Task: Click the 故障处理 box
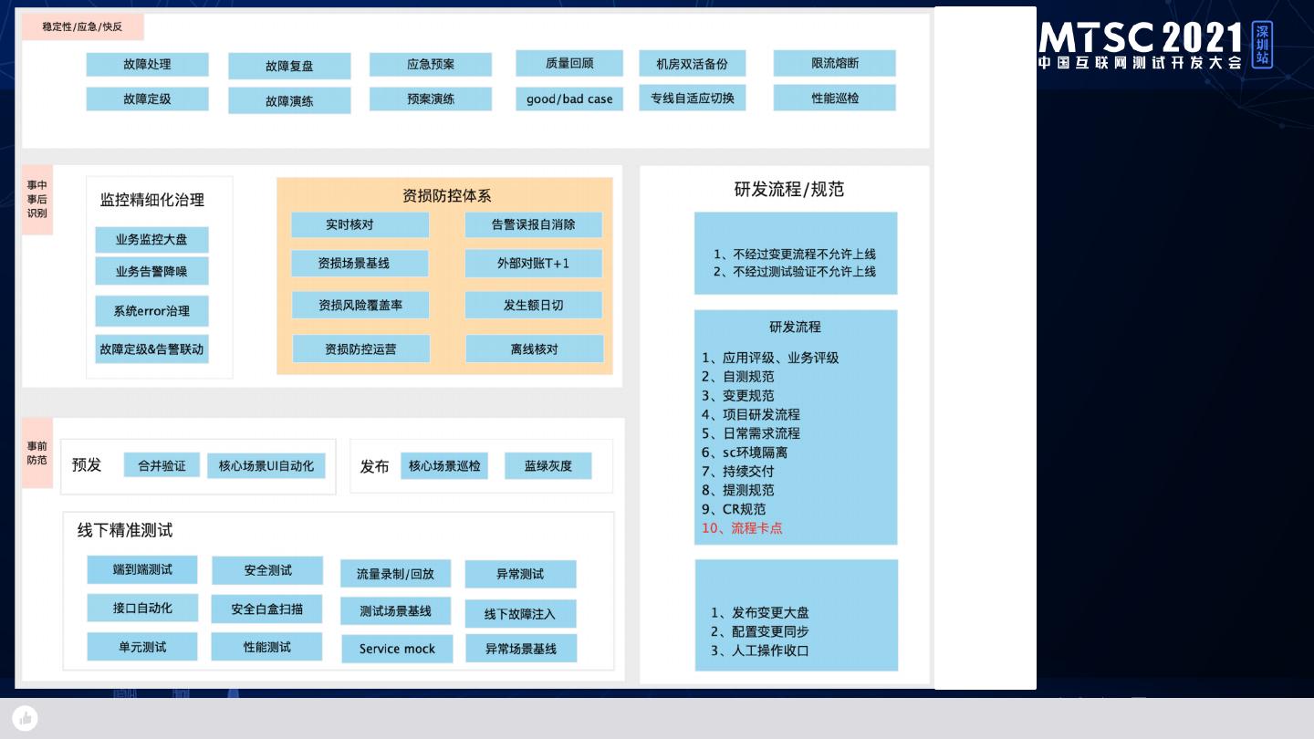[x=147, y=65]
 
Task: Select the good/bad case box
[x=569, y=99]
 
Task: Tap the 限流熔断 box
[x=834, y=64]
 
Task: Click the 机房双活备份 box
[x=692, y=64]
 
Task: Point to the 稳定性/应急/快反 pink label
[x=82, y=27]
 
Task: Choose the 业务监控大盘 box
[x=151, y=240]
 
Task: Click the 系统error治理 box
[x=151, y=311]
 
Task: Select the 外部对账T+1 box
[x=533, y=264]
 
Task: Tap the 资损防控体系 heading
[x=446, y=196]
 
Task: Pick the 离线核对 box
[x=534, y=349]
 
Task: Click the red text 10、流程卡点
[x=742, y=528]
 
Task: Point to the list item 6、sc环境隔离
[x=745, y=453]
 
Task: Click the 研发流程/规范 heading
[x=788, y=190]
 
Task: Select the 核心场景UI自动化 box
[x=266, y=466]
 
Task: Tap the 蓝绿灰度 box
[x=547, y=466]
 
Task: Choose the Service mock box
[x=397, y=649]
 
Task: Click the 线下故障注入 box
[x=520, y=614]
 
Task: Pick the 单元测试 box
[x=142, y=647]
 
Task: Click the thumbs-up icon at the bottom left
[x=26, y=718]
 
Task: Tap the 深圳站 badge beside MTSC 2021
[x=1262, y=45]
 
